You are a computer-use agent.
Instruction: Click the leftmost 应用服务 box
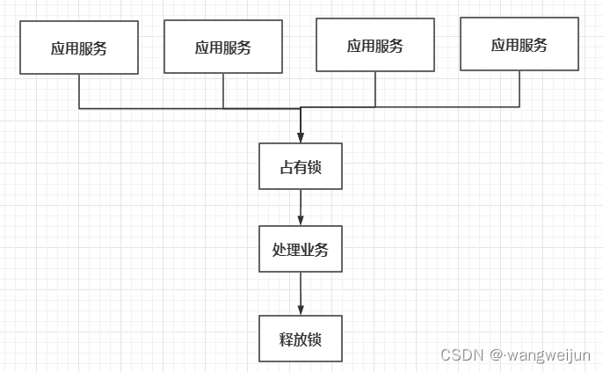(79, 47)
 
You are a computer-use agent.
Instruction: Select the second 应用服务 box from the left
(223, 47)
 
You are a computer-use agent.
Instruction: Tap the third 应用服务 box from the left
(375, 45)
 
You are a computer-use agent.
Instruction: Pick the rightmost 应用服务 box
(519, 44)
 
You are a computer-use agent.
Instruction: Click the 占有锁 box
(301, 166)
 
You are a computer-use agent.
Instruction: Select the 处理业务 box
(301, 249)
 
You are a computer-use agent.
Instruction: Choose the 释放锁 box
(301, 339)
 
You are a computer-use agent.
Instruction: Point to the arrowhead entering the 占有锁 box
(301, 137)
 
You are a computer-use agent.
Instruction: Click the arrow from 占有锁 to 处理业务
(301, 208)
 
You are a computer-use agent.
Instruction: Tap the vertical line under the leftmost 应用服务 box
(79, 91)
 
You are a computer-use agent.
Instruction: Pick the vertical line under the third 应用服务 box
(375, 89)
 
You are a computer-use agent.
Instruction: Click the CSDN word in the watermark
(462, 354)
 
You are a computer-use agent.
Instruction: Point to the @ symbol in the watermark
(497, 354)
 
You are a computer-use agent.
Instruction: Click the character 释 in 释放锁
(287, 339)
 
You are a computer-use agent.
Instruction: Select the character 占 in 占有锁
(287, 167)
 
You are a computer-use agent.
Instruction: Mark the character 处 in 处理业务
(280, 249)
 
